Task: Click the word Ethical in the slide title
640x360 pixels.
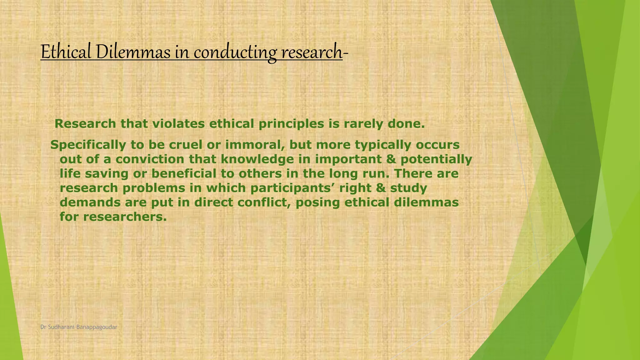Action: [x=66, y=52]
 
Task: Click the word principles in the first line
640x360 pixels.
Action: [x=291, y=124]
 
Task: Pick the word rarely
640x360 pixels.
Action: [x=363, y=124]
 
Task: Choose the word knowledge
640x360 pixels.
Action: [x=257, y=159]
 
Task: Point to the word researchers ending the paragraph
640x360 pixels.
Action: [x=125, y=217]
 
